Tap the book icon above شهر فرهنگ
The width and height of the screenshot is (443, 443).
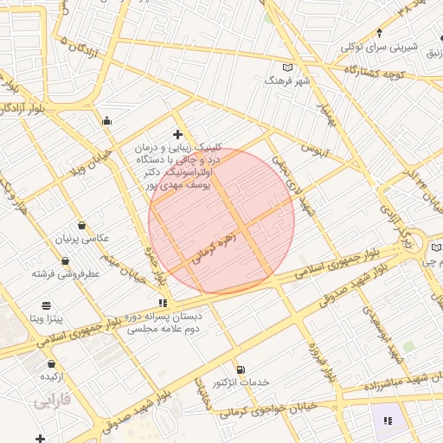[x=288, y=67]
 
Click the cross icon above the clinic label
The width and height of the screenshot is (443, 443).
[x=177, y=134]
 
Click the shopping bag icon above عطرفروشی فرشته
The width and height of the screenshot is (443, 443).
[x=66, y=260]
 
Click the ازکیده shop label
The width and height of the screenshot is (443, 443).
[x=49, y=377]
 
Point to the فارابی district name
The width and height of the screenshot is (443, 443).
[x=51, y=402]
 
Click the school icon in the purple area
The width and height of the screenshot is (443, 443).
[x=388, y=421]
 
